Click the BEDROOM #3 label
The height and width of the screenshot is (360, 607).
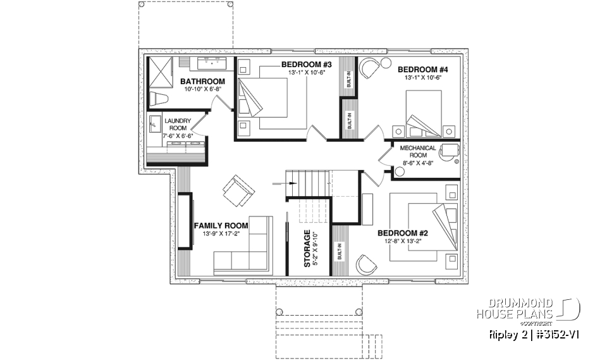click(307, 64)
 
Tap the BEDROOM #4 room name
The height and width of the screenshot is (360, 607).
click(423, 69)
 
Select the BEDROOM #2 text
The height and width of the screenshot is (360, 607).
click(410, 232)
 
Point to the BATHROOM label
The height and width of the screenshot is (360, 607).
click(202, 82)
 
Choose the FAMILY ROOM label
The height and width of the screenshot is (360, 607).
click(221, 225)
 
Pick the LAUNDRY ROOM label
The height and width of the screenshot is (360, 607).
click(178, 124)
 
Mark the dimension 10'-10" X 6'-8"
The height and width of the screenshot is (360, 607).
click(203, 90)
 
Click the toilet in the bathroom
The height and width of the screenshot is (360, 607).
click(157, 98)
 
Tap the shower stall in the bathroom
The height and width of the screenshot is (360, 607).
click(162, 73)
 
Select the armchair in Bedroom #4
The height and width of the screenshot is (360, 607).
click(370, 67)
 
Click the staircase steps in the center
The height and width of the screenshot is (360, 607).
click(309, 184)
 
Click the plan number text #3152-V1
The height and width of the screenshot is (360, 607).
click(549, 334)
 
